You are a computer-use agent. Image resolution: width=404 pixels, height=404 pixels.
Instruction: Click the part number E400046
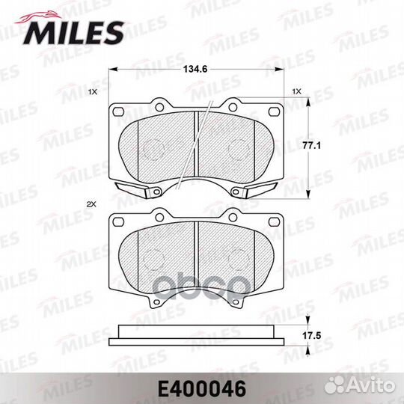click(x=202, y=389)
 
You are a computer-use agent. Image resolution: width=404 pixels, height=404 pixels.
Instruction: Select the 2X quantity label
click(x=92, y=203)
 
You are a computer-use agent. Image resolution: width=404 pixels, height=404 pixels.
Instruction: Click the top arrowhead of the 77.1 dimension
click(x=311, y=103)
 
